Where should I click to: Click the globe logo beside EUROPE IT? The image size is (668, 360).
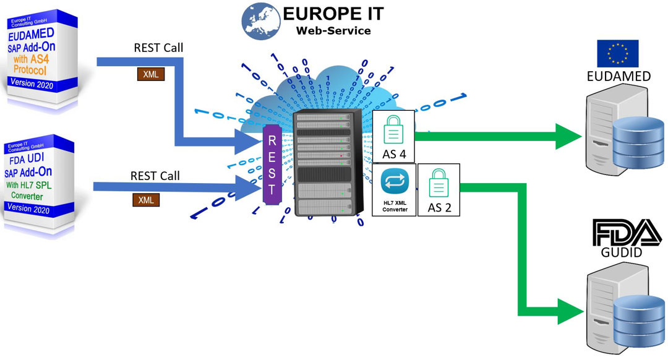260,22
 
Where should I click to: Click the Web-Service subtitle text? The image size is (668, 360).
333,31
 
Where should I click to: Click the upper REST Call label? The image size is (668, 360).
158,48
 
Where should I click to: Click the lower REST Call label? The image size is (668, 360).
155,176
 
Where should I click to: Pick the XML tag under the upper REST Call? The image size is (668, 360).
150,74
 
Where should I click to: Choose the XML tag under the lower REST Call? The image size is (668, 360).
146,200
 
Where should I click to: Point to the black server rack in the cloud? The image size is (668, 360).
325,164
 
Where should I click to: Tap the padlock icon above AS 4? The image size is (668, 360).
393,130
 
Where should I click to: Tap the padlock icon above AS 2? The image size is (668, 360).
439,182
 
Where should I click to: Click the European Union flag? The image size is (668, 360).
617,53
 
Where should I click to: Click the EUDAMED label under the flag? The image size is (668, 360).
619,77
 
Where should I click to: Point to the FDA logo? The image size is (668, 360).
627,233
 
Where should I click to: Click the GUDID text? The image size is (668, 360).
622,252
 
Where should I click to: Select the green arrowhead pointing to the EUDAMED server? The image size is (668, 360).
568,136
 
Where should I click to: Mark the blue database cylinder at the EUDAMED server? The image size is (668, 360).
637,142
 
